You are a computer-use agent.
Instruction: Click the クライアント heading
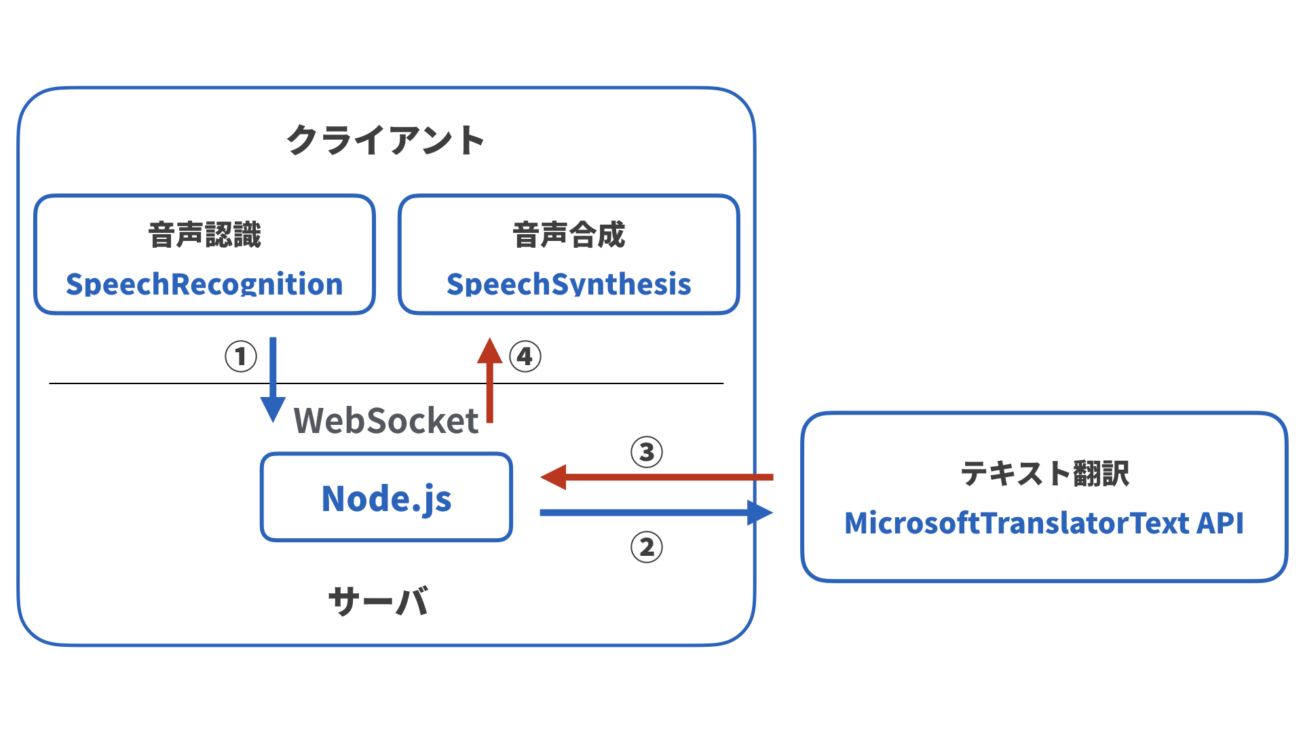(x=385, y=140)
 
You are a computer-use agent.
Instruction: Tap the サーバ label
(x=378, y=601)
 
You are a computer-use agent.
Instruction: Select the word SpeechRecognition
(x=204, y=284)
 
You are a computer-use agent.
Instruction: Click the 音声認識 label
(x=204, y=236)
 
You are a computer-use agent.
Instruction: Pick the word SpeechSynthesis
(x=569, y=284)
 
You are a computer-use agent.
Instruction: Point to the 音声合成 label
(x=569, y=236)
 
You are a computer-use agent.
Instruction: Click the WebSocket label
(x=385, y=421)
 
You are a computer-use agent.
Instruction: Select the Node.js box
(x=386, y=497)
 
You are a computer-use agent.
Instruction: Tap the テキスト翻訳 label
(x=1044, y=473)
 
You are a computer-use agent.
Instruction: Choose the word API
(x=1220, y=523)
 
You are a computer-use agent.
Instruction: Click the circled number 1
(x=241, y=356)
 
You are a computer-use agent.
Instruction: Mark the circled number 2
(x=647, y=547)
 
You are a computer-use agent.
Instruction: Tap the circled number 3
(x=647, y=452)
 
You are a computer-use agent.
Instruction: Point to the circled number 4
(x=525, y=356)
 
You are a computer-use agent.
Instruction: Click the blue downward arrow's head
(x=273, y=409)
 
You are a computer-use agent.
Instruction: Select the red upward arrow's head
(x=489, y=351)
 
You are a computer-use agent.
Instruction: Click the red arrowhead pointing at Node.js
(x=554, y=477)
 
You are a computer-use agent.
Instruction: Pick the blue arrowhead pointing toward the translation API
(x=759, y=512)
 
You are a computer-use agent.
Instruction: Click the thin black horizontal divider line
(x=611, y=383)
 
